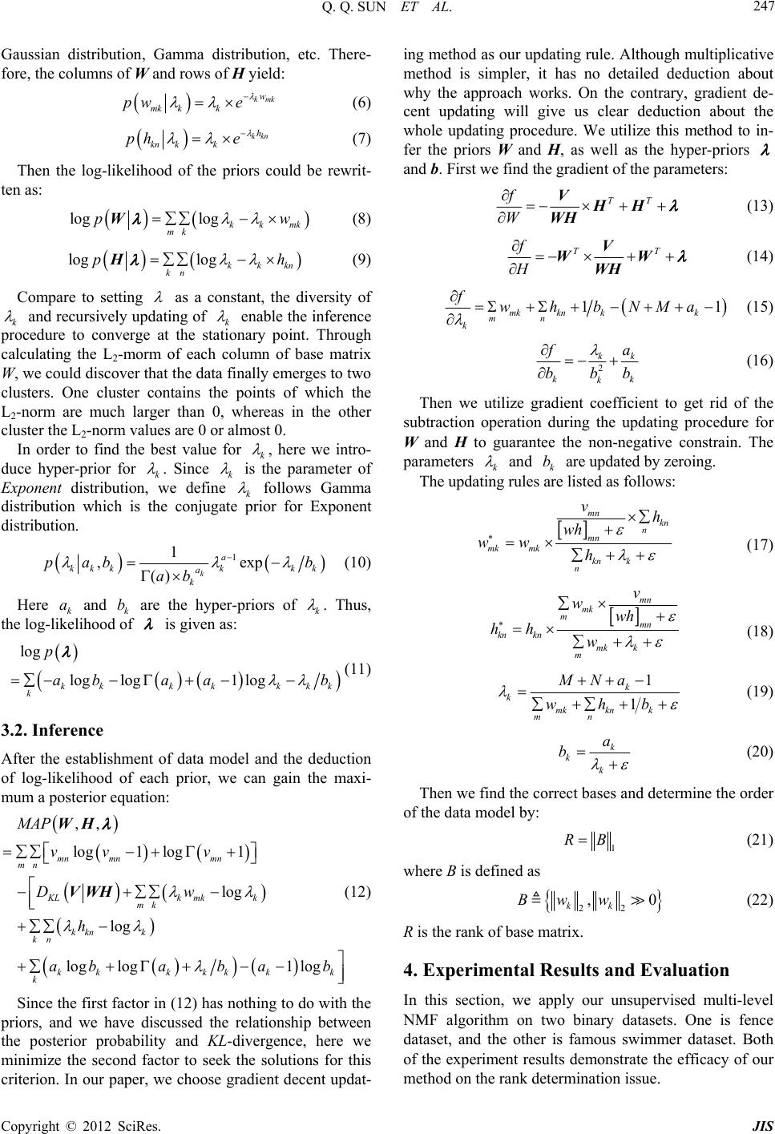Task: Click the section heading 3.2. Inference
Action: tap(52, 730)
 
